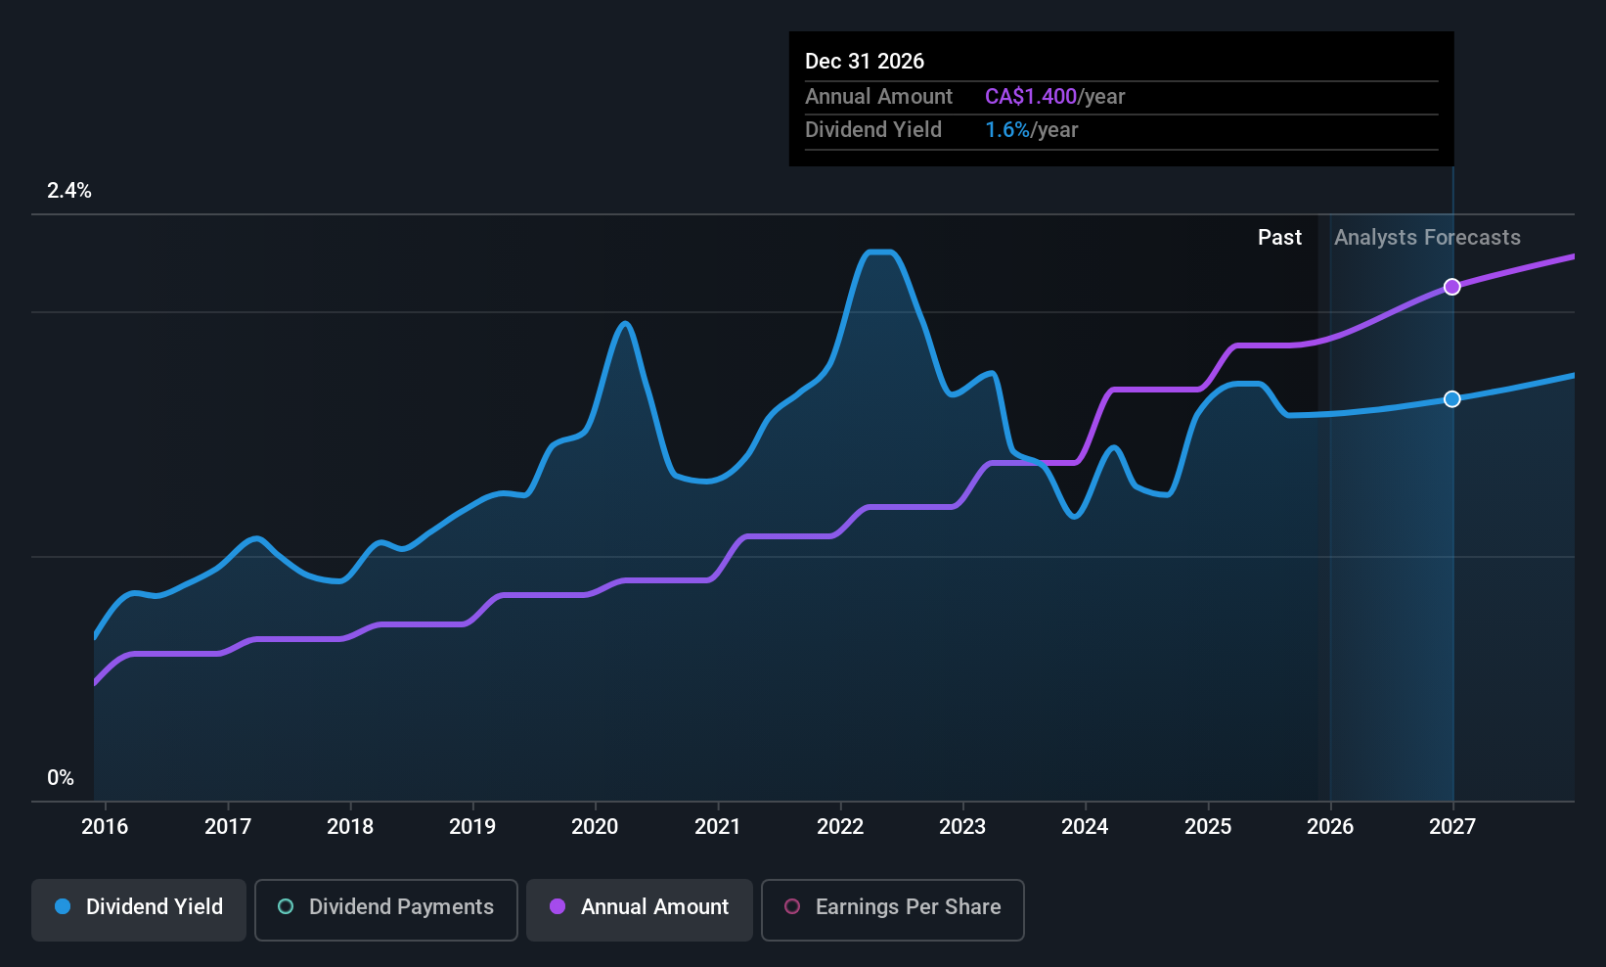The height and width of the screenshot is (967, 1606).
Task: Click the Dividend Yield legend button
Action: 139,907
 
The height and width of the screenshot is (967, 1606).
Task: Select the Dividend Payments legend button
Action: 386,907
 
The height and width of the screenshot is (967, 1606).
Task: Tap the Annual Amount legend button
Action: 640,907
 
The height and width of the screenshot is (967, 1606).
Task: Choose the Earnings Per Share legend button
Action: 892,907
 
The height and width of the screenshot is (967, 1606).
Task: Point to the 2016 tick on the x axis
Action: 105,826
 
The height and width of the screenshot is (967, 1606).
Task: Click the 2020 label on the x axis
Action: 595,826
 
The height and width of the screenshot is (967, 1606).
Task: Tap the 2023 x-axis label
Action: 962,826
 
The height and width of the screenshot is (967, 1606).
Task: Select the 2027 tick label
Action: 1452,826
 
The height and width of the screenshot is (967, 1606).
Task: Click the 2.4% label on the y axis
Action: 69,191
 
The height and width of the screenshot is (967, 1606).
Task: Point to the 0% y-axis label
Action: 61,778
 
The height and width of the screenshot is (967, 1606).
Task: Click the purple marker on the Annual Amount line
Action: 1452,287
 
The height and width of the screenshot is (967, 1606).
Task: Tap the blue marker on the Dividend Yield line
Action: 1452,398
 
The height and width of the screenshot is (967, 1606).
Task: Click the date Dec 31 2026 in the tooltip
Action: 865,61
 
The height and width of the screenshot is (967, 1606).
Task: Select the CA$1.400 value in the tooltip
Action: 1030,96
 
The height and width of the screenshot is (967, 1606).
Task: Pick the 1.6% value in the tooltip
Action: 1006,130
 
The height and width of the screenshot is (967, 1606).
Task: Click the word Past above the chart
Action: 1279,238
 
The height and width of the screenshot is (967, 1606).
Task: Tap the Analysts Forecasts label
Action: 1427,238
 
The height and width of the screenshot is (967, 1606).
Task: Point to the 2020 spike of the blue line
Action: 625,323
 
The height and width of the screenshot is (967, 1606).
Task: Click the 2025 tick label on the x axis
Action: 1208,826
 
